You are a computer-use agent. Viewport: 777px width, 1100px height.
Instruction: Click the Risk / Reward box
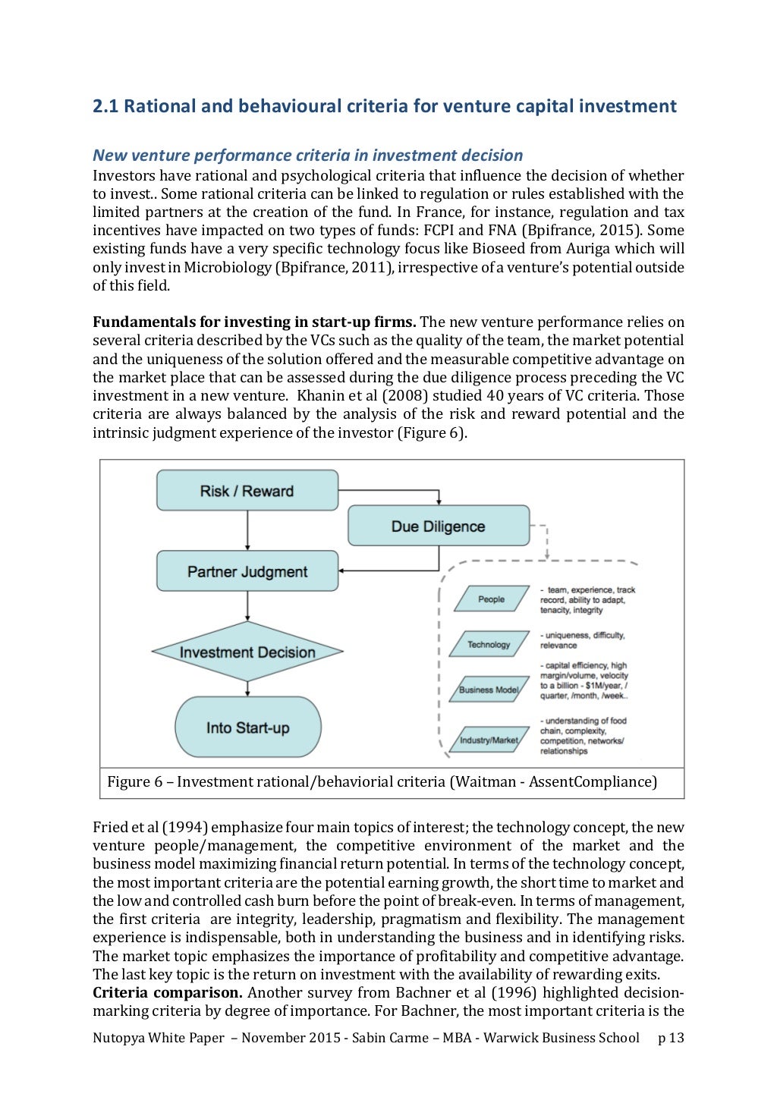(247, 490)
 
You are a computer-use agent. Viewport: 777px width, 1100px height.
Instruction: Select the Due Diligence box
(438, 526)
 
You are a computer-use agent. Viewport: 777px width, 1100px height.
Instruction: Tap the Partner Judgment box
(247, 571)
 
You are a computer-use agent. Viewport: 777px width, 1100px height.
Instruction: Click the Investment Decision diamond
(247, 652)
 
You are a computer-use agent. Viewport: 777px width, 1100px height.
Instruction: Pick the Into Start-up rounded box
(247, 727)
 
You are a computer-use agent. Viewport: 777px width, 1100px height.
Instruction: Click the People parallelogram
(491, 599)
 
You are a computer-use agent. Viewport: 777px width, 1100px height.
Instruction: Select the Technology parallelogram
(489, 644)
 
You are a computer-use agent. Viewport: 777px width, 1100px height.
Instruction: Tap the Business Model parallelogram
(489, 690)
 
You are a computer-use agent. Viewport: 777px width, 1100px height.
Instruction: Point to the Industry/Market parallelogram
(489, 740)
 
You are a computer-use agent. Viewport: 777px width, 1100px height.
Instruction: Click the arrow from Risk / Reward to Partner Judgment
(247, 530)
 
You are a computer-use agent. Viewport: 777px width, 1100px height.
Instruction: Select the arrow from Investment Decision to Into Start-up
(247, 687)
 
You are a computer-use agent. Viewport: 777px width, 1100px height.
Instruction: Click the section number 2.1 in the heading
(105, 106)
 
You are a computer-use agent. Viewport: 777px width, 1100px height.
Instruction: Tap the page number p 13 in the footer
(671, 1038)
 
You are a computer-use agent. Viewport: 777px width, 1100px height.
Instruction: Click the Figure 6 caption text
(382, 781)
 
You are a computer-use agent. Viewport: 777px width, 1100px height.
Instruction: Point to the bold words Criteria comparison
(167, 992)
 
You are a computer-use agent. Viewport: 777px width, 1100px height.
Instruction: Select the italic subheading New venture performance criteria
(307, 156)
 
